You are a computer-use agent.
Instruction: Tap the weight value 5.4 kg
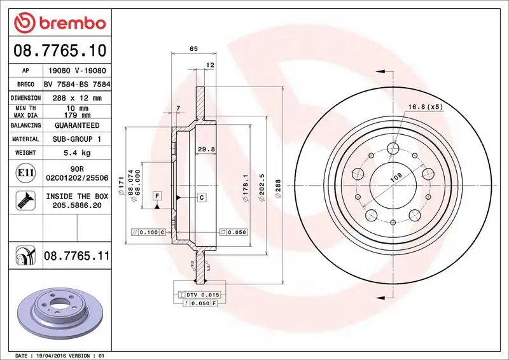(77, 153)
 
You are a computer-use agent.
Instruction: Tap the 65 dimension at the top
(193, 48)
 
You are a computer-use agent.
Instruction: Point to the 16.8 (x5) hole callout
(426, 106)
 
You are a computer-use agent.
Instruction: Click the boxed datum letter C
(201, 198)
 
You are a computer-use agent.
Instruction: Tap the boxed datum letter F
(156, 195)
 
